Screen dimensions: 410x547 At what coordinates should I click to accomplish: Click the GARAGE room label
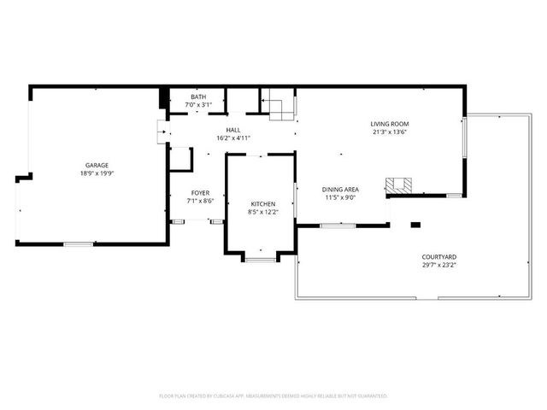pos(96,165)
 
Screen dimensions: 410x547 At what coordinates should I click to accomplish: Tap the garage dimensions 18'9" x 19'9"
pos(96,173)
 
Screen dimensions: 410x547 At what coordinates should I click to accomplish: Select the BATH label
pos(198,97)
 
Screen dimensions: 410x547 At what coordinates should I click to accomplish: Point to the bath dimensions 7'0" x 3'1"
pos(198,104)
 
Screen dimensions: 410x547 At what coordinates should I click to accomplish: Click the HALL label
pos(232,129)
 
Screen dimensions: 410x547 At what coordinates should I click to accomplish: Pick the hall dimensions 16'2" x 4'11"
pos(232,137)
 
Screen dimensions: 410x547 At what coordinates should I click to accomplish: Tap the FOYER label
pos(200,194)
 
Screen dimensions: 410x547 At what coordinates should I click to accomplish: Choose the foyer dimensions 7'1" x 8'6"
pos(200,202)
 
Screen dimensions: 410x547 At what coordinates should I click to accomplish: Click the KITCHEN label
pos(262,202)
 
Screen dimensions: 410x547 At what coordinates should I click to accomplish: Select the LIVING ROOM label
pos(389,124)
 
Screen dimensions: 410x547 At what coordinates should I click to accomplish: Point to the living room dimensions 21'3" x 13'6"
pos(389,132)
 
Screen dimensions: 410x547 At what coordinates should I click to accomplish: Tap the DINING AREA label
pos(339,189)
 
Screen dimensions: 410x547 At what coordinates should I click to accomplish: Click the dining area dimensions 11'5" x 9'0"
pos(339,196)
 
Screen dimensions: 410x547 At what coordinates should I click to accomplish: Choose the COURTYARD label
pos(438,257)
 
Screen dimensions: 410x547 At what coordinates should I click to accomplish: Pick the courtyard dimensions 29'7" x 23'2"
pos(438,265)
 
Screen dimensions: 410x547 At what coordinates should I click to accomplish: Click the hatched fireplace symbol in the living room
pos(397,184)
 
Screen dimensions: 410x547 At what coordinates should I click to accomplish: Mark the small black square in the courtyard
pos(415,225)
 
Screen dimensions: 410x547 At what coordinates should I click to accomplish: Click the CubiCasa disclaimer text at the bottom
pos(273,396)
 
